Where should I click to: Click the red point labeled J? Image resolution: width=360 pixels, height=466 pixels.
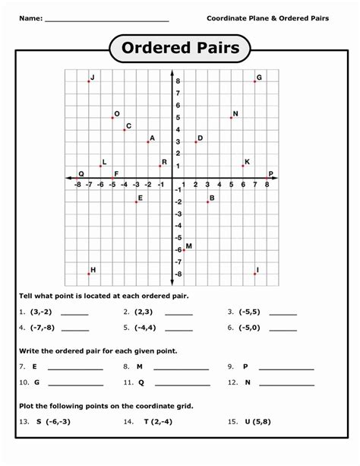[89, 81]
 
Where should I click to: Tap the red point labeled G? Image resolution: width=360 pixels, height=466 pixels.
[254, 81]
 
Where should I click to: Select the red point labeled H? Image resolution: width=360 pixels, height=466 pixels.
[89, 274]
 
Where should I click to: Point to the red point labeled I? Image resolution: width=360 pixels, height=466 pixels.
[254, 274]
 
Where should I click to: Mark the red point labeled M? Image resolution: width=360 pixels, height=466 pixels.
[184, 249]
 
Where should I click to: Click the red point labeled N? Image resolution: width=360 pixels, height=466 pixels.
[231, 117]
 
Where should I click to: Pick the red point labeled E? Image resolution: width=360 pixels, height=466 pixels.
[136, 201]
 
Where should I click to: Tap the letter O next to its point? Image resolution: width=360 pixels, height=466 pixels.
[117, 113]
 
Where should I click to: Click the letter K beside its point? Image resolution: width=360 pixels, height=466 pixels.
[248, 161]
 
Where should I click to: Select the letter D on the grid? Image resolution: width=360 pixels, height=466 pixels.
[200, 138]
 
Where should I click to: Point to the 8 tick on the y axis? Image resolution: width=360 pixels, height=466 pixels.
[176, 81]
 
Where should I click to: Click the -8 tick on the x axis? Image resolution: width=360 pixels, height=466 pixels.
[77, 184]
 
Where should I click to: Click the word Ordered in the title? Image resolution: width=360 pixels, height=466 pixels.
[154, 49]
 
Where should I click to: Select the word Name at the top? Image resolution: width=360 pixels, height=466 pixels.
[30, 17]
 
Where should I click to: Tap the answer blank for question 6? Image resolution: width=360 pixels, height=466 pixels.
[283, 330]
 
